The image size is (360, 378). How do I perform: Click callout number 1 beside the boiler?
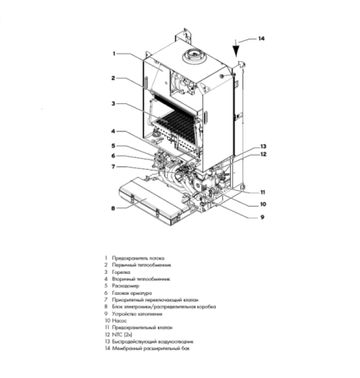[112, 53]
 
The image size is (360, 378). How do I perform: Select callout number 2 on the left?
[112, 78]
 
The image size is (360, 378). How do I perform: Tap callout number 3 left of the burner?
[112, 104]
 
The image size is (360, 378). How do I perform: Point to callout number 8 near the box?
[112, 207]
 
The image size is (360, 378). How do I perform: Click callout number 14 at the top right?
[261, 39]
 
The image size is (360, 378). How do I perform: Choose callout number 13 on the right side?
[263, 146]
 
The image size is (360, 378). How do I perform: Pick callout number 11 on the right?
[263, 192]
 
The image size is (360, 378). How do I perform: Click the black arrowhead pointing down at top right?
[237, 47]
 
